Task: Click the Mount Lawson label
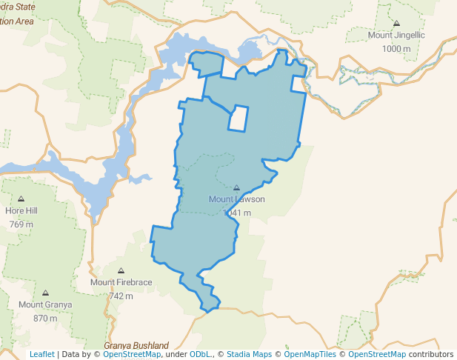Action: coord(236,199)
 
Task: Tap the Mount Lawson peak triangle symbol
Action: coord(237,188)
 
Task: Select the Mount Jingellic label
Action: coord(396,35)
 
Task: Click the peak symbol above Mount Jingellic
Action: coord(396,24)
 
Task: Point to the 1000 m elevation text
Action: coord(396,49)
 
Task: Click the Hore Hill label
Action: coord(21,210)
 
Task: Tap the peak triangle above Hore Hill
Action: coord(21,199)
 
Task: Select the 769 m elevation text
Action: coord(21,224)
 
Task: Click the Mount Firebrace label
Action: coord(121,282)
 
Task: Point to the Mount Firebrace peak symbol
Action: coord(121,271)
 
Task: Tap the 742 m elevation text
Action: coord(121,296)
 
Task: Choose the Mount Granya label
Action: coord(45,304)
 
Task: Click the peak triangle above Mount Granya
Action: coord(45,293)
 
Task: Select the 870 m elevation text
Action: coord(45,319)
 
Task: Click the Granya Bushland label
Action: coord(136,345)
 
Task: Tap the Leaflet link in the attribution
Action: coord(42,355)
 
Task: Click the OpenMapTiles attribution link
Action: coord(310,355)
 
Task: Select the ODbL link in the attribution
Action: coord(200,355)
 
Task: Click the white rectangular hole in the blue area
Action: coord(238,118)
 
